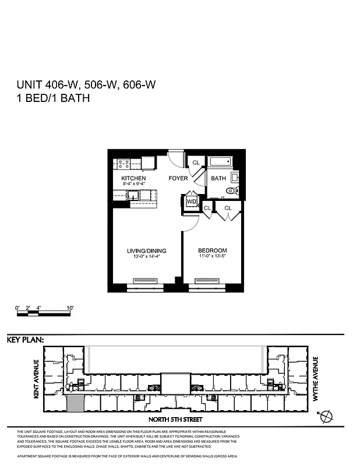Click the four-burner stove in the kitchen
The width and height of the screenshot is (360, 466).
123,164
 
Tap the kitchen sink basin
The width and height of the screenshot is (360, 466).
148,163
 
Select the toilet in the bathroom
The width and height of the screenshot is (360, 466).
231,190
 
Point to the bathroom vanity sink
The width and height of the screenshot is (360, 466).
235,177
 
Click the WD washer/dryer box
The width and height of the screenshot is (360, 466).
191,202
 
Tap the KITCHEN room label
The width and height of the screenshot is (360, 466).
133,178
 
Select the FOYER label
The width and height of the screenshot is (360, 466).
178,178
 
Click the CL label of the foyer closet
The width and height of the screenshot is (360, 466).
196,163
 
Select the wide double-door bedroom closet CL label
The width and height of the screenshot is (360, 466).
227,208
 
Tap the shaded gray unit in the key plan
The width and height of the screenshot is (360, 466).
76,402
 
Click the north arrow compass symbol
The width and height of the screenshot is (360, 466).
327,415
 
